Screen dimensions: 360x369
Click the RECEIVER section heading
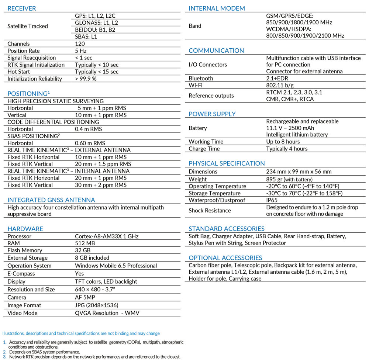[22, 8]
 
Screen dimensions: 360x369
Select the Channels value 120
[80, 44]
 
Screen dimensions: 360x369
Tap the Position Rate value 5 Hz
[81, 51]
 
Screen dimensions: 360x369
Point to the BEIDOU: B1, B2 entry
[95, 30]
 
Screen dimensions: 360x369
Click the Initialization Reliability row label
[35, 79]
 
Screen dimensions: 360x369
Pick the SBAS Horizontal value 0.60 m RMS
[90, 143]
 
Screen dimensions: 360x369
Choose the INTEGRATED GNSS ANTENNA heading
[51, 200]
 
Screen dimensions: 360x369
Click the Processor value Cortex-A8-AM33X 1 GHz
[107, 236]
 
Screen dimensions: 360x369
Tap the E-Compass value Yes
[79, 274]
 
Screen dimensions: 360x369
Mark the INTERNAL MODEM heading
[217, 8]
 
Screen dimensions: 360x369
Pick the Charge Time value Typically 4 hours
[287, 149]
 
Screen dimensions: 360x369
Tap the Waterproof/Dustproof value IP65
[273, 200]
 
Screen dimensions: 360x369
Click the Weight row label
[198, 179]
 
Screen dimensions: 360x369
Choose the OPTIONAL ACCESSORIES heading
[225, 258]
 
